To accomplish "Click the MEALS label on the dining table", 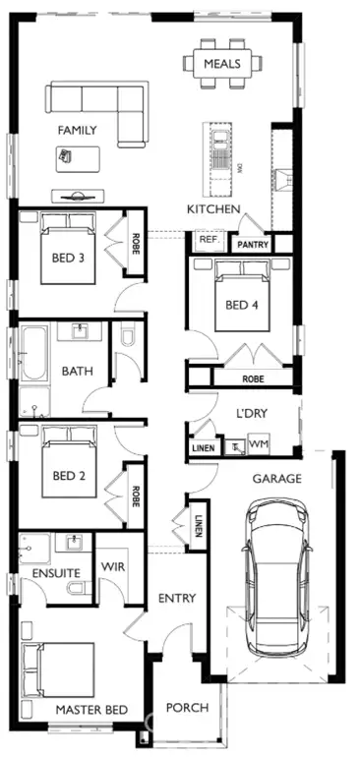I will coord(222,64).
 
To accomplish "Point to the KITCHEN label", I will coord(213,209).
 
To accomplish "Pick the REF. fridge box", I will coord(208,239).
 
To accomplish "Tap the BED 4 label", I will coord(242,305).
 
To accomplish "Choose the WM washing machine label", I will coord(259,445).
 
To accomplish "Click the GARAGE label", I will coord(276,479).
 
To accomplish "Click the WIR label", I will coord(109,567).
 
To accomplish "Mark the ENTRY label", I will coord(177,598).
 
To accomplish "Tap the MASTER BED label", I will coord(90,709).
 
